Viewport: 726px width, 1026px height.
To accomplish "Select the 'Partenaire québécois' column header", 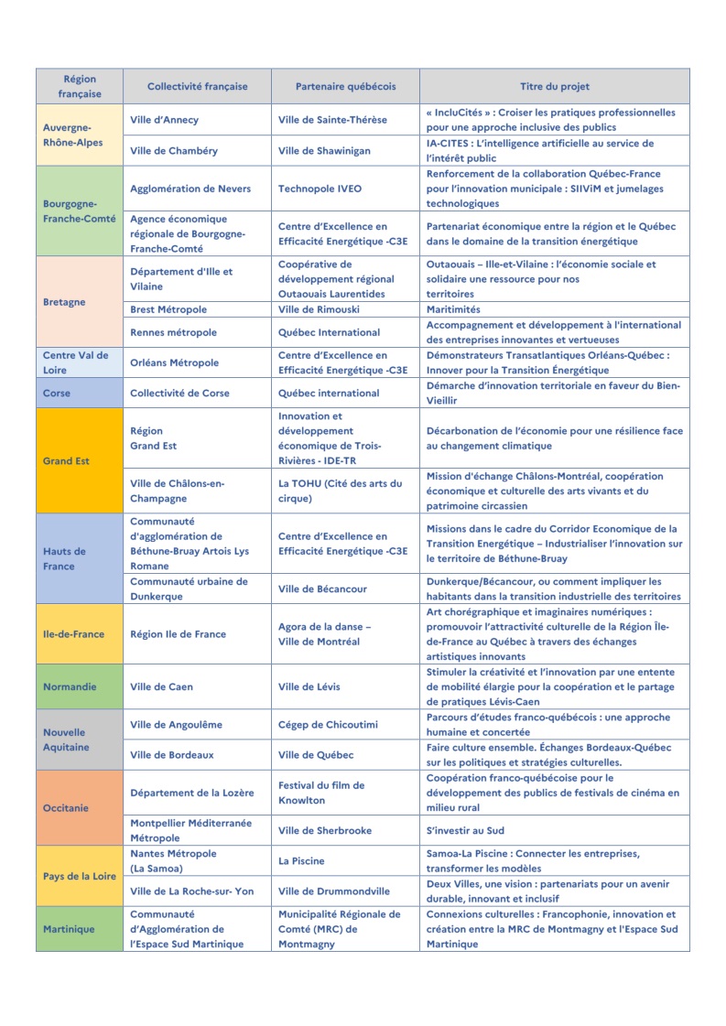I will [345, 87].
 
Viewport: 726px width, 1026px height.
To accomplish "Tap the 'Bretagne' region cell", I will [64, 302].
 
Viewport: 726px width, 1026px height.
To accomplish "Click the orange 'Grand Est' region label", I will [66, 461].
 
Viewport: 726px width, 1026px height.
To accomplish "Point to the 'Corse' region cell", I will [57, 394].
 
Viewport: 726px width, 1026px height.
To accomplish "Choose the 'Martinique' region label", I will [69, 929].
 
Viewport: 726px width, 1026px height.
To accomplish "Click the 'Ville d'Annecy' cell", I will [165, 120].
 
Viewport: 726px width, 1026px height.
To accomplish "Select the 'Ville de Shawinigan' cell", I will [324, 151].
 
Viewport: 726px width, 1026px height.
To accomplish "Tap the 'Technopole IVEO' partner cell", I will [320, 189].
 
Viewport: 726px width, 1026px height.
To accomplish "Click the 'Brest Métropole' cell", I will [168, 309].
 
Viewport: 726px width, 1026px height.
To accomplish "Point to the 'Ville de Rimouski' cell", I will [318, 309].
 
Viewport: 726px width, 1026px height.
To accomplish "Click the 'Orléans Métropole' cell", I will [175, 362].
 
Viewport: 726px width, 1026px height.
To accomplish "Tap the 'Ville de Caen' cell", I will [162, 687].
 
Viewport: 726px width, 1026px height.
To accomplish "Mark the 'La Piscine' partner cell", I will [301, 861].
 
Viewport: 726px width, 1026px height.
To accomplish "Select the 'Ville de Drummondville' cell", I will [333, 891].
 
